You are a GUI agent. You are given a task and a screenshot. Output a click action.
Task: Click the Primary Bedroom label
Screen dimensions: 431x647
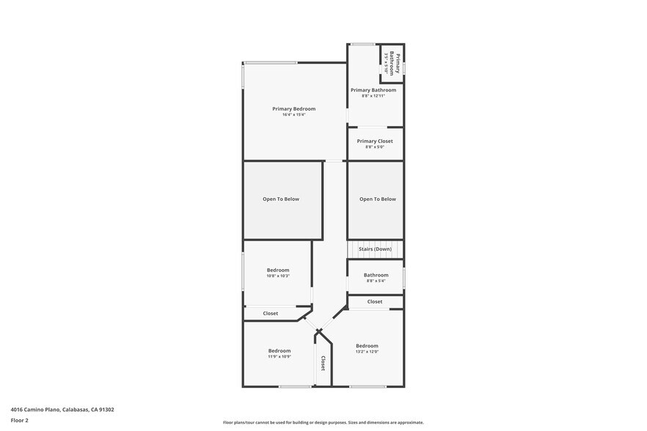(x=293, y=108)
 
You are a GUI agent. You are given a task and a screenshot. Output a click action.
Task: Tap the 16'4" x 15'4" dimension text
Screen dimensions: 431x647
(x=293, y=115)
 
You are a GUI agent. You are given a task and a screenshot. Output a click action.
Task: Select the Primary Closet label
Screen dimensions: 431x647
(x=375, y=141)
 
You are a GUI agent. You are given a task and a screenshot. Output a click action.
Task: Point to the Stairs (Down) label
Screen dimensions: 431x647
(x=375, y=249)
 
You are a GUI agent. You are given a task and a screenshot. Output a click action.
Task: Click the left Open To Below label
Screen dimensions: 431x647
(x=281, y=199)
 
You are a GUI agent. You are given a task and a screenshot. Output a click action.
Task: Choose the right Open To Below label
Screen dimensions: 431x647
(x=377, y=199)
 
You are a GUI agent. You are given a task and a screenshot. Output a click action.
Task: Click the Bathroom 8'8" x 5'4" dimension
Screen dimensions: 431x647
(x=376, y=281)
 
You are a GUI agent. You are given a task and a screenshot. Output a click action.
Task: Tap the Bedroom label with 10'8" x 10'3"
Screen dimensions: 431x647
(x=278, y=270)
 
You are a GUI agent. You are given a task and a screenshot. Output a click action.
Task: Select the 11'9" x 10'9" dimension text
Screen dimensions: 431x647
(x=279, y=357)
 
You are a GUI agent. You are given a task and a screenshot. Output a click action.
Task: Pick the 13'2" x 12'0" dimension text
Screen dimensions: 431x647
(x=367, y=352)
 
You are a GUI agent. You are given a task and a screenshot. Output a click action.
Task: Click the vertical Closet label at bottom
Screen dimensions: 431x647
(x=323, y=364)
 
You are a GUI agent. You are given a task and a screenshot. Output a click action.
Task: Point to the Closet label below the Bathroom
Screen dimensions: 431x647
(x=375, y=301)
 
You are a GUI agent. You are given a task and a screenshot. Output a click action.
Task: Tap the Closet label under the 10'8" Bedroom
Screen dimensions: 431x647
(x=271, y=314)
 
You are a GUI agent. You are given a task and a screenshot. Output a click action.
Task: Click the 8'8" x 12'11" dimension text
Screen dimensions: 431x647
(x=373, y=96)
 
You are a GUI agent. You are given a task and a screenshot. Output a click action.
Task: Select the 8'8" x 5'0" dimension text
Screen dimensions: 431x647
(x=375, y=147)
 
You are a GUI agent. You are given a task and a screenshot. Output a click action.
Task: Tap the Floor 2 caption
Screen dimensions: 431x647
(x=19, y=421)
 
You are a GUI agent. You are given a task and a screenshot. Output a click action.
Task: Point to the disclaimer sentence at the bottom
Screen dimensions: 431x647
(x=323, y=423)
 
